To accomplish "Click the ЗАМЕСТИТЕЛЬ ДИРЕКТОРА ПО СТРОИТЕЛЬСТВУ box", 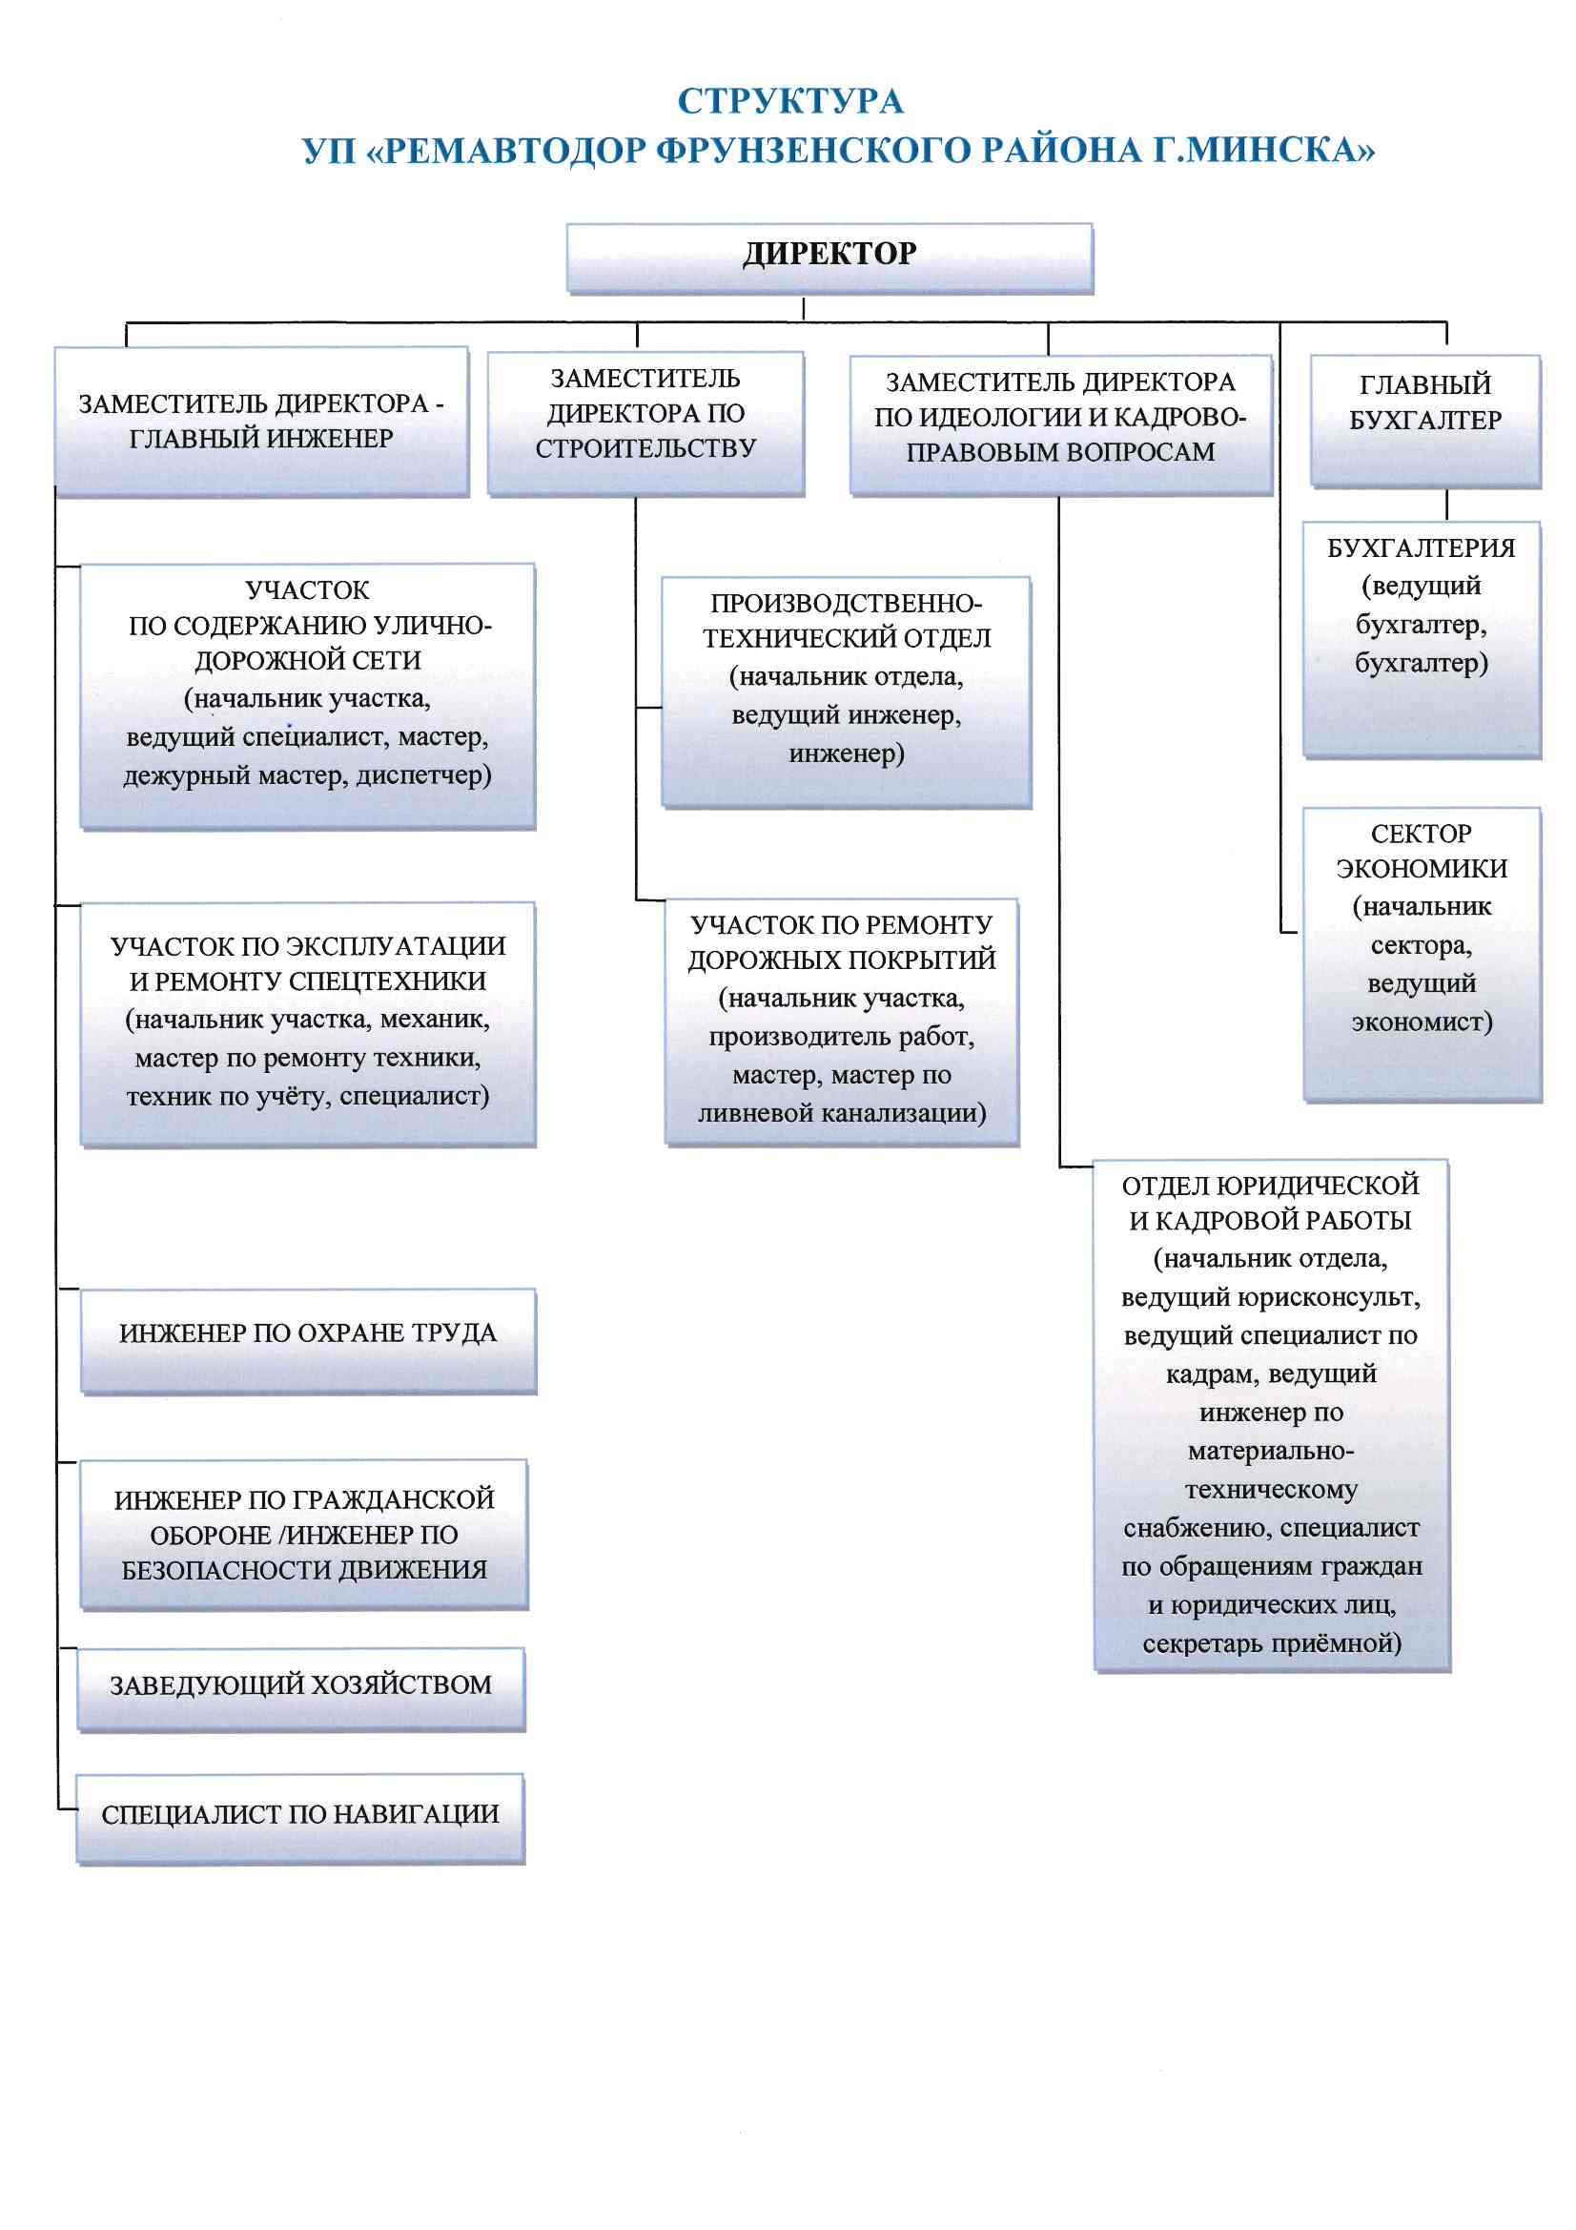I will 645,423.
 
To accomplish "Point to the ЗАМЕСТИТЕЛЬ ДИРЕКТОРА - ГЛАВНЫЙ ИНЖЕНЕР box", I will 261,422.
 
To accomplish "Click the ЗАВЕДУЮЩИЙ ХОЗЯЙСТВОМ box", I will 301,1685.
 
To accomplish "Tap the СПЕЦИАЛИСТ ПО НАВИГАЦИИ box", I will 300,1815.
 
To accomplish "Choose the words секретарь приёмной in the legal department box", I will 1272,1643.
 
